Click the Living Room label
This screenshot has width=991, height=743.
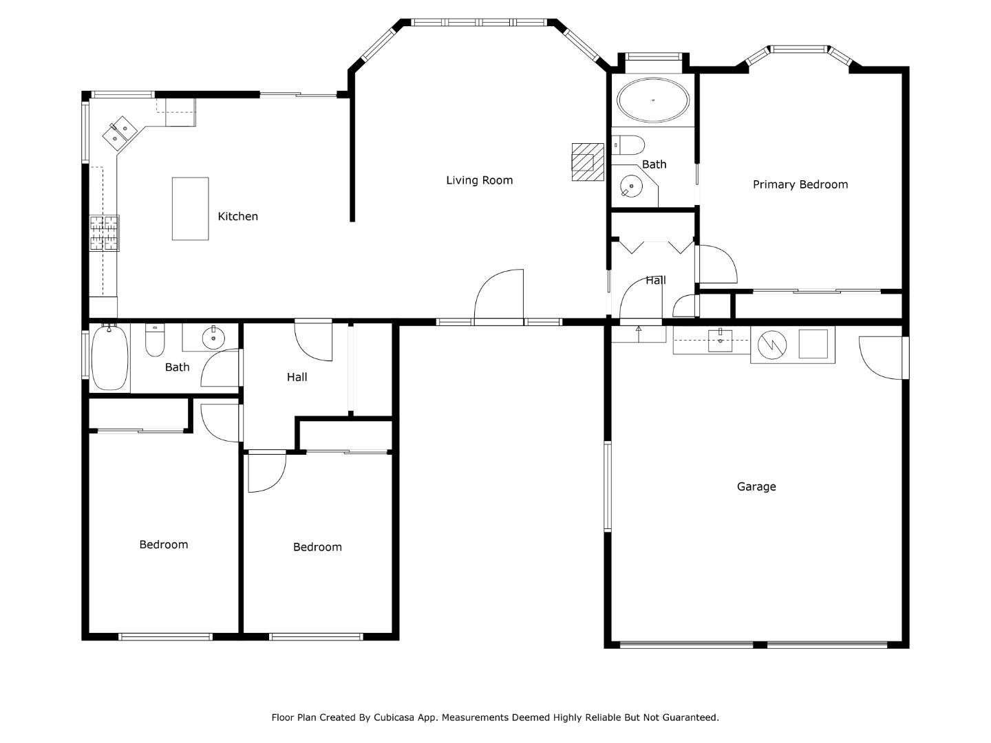point(479,180)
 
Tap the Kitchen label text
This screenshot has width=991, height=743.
point(237,217)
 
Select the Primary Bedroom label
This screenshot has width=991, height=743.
point(800,184)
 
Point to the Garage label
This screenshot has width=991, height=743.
point(756,487)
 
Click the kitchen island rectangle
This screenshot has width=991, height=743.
point(190,208)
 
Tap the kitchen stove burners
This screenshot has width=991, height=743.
point(105,233)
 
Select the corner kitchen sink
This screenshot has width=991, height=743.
point(120,133)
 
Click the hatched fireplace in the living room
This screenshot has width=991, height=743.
point(588,162)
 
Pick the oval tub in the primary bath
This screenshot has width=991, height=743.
point(653,100)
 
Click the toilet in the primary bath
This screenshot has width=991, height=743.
point(628,144)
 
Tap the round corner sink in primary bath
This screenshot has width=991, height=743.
point(630,186)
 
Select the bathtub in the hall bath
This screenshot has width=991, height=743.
point(109,357)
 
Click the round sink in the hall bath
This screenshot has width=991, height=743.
point(213,338)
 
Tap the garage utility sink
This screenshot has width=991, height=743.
point(720,340)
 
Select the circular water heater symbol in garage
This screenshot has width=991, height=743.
point(772,345)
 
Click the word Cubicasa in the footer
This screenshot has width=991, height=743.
point(394,718)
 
